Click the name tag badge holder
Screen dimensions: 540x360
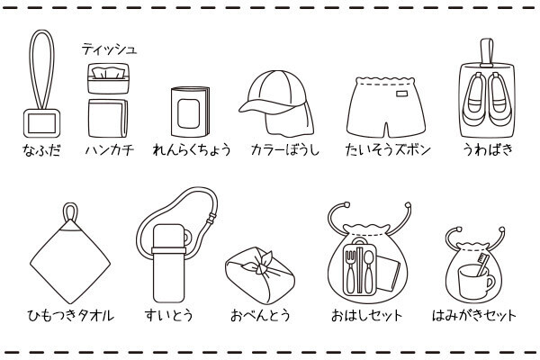click(x=41, y=123)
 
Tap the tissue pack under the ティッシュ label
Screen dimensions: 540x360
click(x=108, y=78)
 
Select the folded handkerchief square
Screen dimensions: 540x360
click(x=108, y=118)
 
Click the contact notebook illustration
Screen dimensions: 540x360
click(x=190, y=112)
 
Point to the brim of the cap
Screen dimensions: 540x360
click(x=262, y=106)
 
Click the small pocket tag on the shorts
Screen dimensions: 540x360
click(x=402, y=94)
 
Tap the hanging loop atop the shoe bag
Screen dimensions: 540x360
click(x=487, y=52)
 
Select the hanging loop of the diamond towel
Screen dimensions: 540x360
click(x=70, y=211)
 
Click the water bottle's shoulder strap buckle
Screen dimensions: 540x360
click(x=211, y=218)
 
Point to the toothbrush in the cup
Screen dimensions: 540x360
click(x=481, y=265)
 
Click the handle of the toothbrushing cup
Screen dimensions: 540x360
click(x=491, y=283)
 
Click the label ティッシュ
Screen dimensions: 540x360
click(x=110, y=49)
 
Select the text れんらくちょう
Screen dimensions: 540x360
click(x=192, y=150)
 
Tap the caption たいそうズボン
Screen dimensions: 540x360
click(x=388, y=150)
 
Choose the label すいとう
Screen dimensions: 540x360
click(x=169, y=315)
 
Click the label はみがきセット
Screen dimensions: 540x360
click(x=474, y=315)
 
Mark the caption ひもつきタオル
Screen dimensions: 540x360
click(x=70, y=315)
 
